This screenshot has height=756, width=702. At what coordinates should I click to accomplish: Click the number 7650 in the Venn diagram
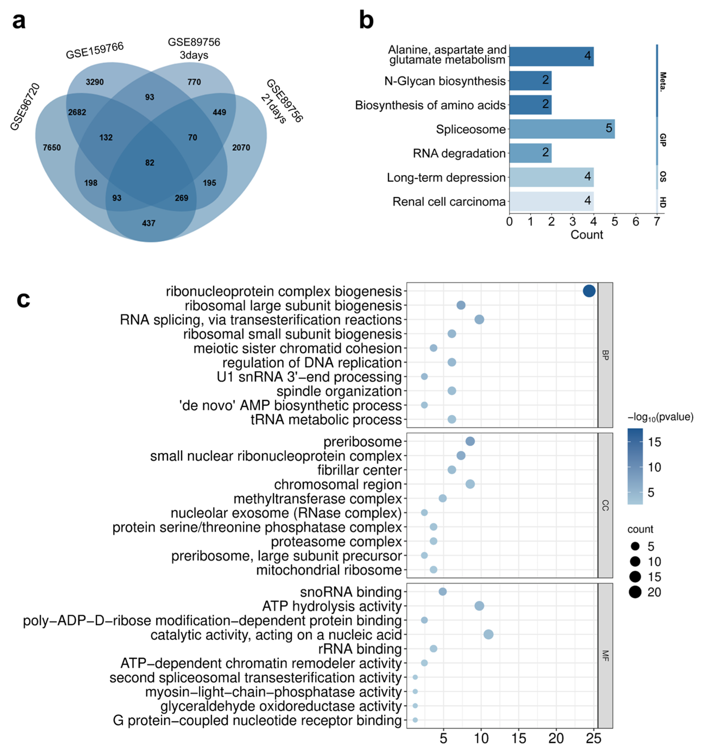pos(52,148)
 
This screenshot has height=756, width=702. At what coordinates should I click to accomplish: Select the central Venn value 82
pos(150,163)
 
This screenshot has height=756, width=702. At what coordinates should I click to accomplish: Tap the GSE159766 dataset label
pos(94,50)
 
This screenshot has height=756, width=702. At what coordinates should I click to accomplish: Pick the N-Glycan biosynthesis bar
pos(530,81)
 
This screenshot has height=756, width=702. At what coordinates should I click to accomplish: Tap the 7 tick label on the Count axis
pos(656,222)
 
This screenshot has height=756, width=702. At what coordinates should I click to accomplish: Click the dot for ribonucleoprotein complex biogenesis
pos(589,291)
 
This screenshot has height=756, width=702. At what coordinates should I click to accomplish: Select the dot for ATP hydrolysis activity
pos(479,606)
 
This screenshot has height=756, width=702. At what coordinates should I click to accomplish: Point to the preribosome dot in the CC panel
pos(470,441)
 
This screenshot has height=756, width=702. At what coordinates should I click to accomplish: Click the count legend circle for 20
pos(635,592)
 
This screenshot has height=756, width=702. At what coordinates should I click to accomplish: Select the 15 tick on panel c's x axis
pos(518,739)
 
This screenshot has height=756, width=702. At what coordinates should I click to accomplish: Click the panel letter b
pos(366,21)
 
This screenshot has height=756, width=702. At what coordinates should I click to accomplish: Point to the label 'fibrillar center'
pos(359,470)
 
